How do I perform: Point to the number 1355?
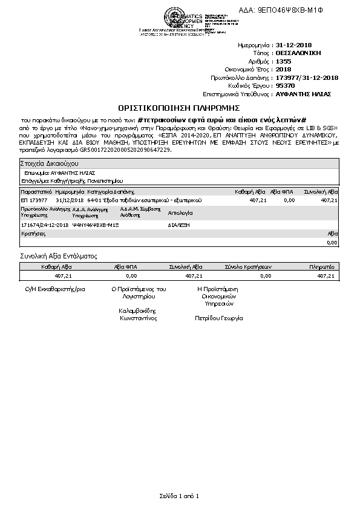point(283,62)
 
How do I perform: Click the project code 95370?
point(285,86)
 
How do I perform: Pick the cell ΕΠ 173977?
point(34,200)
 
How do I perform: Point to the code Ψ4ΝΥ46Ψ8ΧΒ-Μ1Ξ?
point(95,225)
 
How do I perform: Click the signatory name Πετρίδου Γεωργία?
point(218,318)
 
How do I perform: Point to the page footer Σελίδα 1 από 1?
point(179,496)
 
